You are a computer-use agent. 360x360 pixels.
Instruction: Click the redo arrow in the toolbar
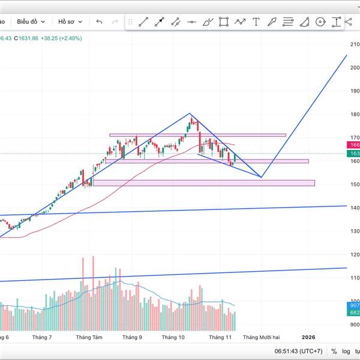[115, 22]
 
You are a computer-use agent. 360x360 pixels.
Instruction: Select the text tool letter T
[256, 22]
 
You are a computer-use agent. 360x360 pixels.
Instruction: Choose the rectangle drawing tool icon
[224, 22]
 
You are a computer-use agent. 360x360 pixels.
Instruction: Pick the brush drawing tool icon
[208, 22]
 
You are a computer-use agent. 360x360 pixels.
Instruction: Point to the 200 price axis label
[354, 67]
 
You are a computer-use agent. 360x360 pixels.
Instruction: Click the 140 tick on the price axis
[354, 208]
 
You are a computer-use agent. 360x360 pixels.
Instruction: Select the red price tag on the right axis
[353, 145]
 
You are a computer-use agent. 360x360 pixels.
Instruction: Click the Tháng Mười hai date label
[261, 338]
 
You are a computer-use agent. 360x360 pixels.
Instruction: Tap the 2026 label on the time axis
[308, 338]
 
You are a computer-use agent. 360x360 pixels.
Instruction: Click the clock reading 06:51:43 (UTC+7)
[299, 351]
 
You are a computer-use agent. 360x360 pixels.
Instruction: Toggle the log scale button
[347, 351]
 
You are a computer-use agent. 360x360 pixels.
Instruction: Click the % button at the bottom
[334, 351]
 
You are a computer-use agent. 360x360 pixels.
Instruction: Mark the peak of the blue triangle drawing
[190, 113]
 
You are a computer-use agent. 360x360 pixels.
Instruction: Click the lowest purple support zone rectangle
[204, 182]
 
